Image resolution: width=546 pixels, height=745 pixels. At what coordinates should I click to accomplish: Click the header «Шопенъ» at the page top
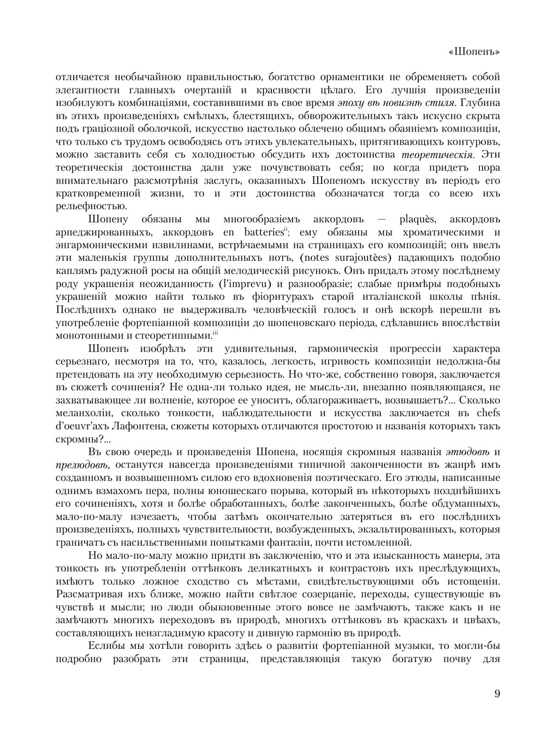point(473,52)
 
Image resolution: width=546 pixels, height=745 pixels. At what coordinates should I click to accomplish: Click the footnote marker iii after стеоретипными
point(215,333)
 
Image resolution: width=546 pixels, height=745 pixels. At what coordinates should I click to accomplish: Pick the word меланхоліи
point(82,413)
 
